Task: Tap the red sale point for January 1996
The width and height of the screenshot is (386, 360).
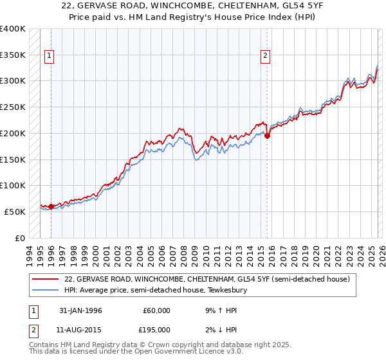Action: (51, 206)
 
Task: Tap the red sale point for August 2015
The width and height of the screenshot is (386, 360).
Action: (267, 136)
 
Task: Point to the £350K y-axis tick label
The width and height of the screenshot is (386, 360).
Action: (13, 55)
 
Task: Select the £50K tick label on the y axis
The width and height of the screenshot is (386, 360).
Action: (15, 212)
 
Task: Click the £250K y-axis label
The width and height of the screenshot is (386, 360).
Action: (13, 107)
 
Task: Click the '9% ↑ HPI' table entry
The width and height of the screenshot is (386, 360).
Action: (216, 310)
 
